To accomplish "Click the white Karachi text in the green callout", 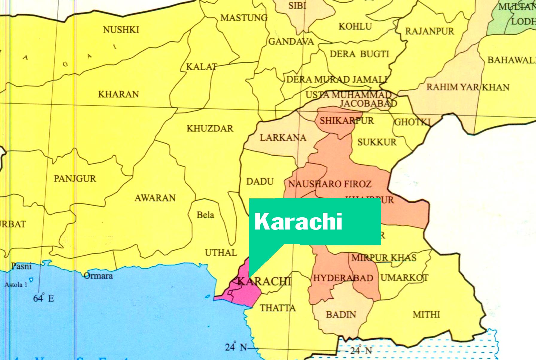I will pyautogui.click(x=298, y=221).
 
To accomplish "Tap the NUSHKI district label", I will pyautogui.click(x=121, y=30).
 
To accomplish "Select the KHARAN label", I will pyautogui.click(x=118, y=94).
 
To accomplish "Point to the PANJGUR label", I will pyautogui.click(x=75, y=179).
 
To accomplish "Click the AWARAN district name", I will pyautogui.click(x=155, y=198).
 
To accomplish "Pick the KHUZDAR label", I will pyautogui.click(x=210, y=129).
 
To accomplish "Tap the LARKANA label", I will pyautogui.click(x=283, y=138).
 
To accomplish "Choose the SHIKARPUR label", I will pyautogui.click(x=347, y=121).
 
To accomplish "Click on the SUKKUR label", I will pyautogui.click(x=377, y=142).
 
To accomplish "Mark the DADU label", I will pyautogui.click(x=260, y=182).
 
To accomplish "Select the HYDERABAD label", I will pyautogui.click(x=343, y=278).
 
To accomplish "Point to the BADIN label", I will pyautogui.click(x=341, y=315).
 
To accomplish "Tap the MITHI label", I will pyautogui.click(x=426, y=315).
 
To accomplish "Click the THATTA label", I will pyautogui.click(x=278, y=308).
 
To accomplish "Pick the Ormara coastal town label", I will pyautogui.click(x=98, y=276).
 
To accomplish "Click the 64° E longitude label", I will pyautogui.click(x=44, y=298).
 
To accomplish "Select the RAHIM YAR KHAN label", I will pyautogui.click(x=468, y=87).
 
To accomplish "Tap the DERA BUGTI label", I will pyautogui.click(x=359, y=54).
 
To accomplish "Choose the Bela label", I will pyautogui.click(x=205, y=215).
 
